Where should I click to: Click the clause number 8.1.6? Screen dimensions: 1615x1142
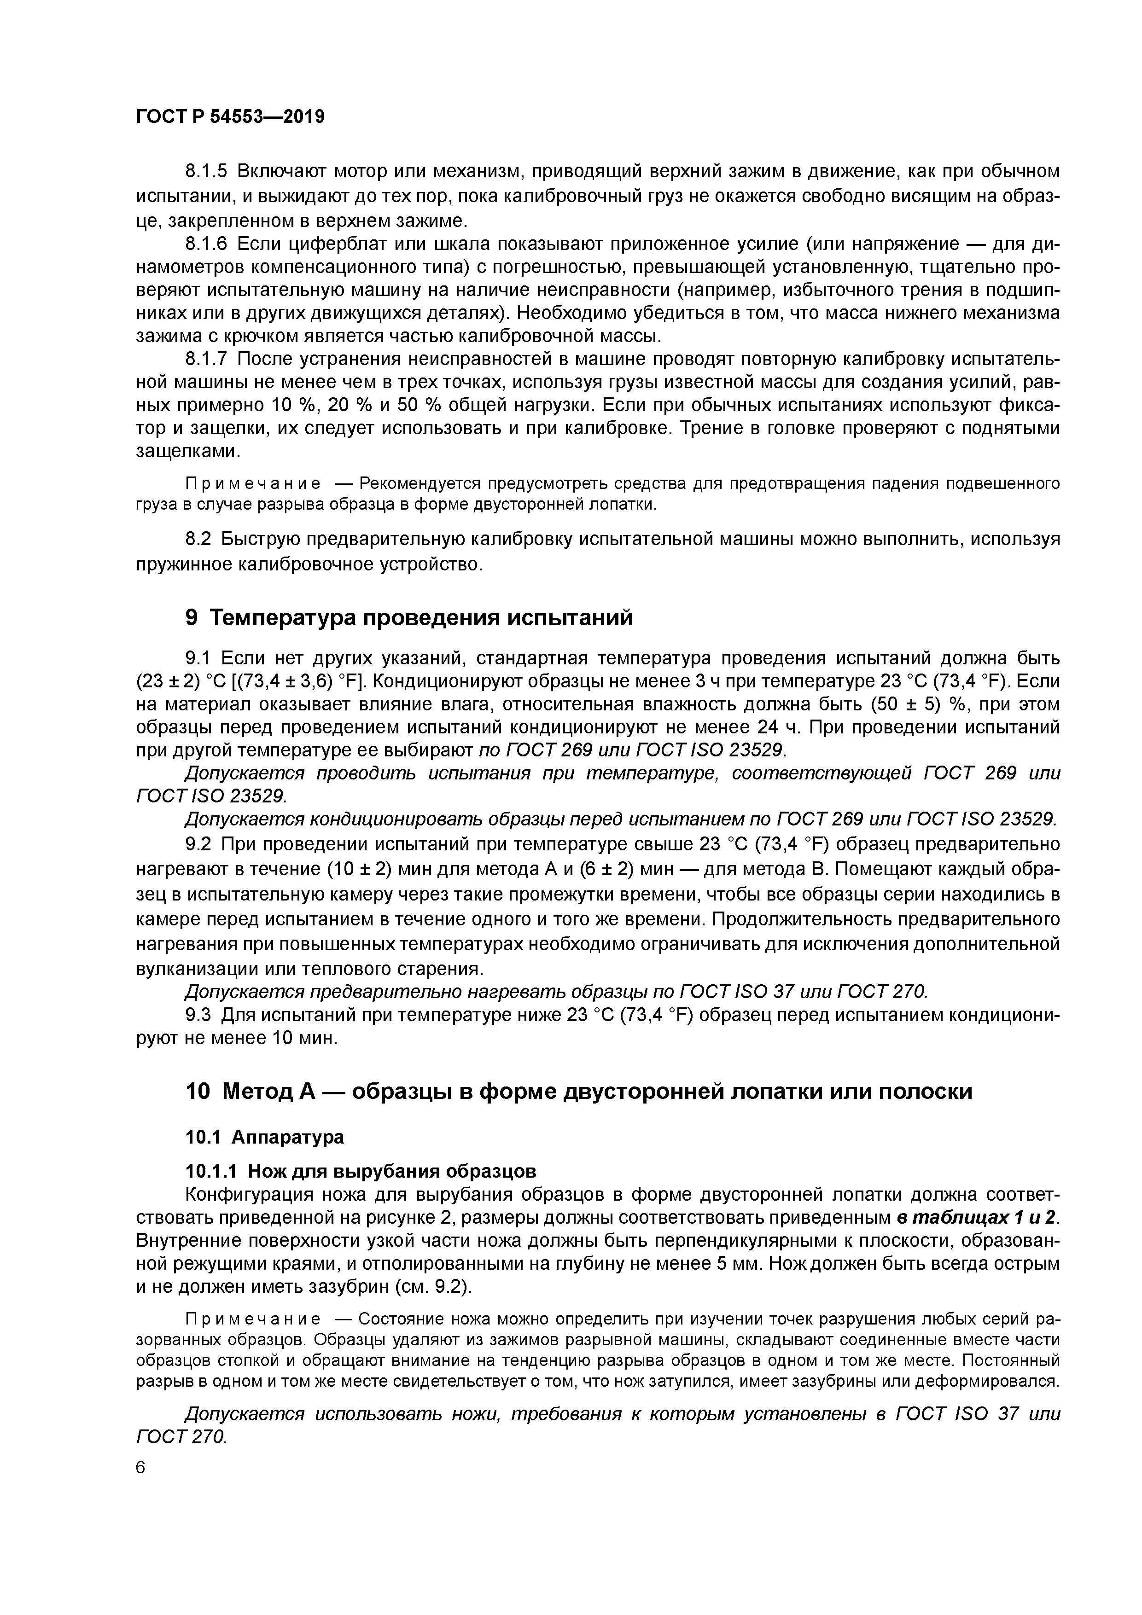pos(206,244)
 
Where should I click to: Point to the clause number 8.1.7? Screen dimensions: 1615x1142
pos(206,360)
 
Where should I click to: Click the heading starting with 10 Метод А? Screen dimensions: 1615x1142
pos(578,1091)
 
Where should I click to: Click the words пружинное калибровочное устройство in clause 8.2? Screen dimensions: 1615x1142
pos(308,564)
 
